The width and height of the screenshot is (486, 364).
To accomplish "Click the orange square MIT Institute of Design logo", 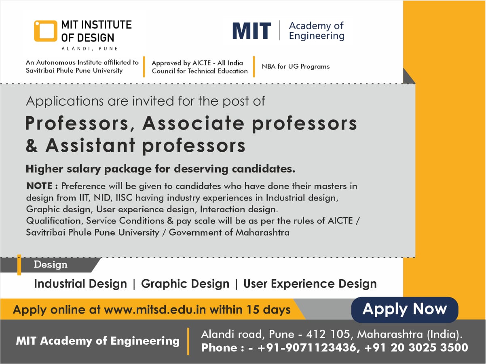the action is (x=45, y=31).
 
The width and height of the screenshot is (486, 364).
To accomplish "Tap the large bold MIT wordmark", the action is (x=252, y=31).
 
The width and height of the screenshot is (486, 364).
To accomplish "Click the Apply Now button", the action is (x=404, y=310).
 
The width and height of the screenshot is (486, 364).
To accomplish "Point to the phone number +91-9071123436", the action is (x=307, y=347).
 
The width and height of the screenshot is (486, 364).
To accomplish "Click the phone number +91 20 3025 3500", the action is (x=416, y=347).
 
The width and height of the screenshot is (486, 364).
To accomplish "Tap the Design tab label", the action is (x=51, y=265).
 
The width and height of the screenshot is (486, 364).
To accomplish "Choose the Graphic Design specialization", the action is (x=185, y=284).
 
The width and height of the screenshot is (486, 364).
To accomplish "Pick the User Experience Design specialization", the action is (x=310, y=284).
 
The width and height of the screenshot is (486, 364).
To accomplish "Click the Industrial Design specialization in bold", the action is (x=80, y=284).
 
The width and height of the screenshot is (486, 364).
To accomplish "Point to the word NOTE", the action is (x=39, y=186).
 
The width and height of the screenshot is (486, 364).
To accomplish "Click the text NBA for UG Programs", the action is (x=296, y=66).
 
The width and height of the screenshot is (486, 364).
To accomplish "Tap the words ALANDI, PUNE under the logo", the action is (x=90, y=48).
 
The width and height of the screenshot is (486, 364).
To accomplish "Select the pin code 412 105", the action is (x=328, y=334).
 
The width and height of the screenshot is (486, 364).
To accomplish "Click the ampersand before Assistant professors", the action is (x=32, y=145).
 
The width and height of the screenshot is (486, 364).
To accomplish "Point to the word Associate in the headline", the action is (x=193, y=123).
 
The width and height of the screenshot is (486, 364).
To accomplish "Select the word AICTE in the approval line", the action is (x=202, y=63).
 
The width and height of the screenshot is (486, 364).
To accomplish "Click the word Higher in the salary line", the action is (x=44, y=169).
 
